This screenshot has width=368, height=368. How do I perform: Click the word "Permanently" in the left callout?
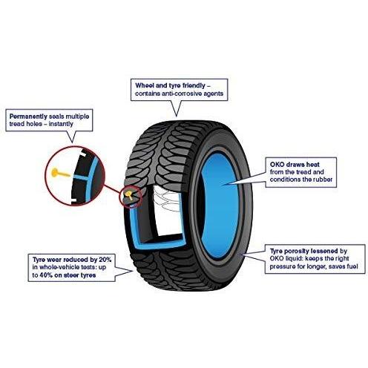[28, 116]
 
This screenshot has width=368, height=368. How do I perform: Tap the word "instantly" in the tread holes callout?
[61, 124]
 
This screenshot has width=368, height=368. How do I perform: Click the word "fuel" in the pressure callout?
[352, 266]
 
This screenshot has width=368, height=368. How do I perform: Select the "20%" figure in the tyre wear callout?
[105, 260]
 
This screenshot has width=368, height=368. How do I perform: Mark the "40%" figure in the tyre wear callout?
[46, 275]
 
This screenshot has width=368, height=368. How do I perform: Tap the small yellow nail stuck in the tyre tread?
[129, 194]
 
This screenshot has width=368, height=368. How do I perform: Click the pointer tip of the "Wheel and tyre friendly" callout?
[176, 116]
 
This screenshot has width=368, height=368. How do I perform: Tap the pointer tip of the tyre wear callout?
[133, 271]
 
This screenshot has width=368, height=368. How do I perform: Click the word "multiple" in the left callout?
[77, 116]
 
